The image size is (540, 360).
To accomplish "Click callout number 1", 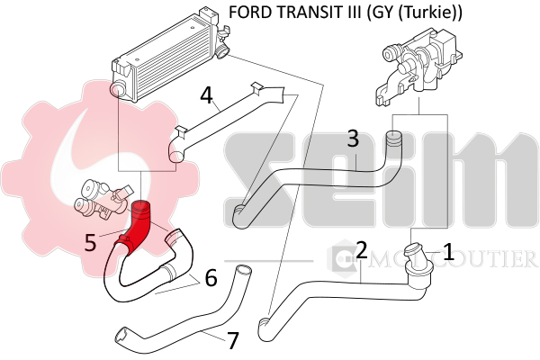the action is (x=448, y=252).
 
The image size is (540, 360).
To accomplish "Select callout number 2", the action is (x=362, y=250).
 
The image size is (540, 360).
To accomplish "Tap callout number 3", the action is (x=353, y=139).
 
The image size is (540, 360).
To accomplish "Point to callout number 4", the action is (x=207, y=95).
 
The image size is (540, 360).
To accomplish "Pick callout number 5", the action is (x=90, y=242).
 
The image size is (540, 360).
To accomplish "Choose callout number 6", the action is (x=211, y=278).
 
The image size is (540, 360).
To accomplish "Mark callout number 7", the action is (x=233, y=340).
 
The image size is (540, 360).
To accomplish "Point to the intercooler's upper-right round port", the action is (x=223, y=51).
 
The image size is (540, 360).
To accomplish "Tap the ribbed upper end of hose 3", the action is (x=392, y=140).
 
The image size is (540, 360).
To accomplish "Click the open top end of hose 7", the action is (x=242, y=269).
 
